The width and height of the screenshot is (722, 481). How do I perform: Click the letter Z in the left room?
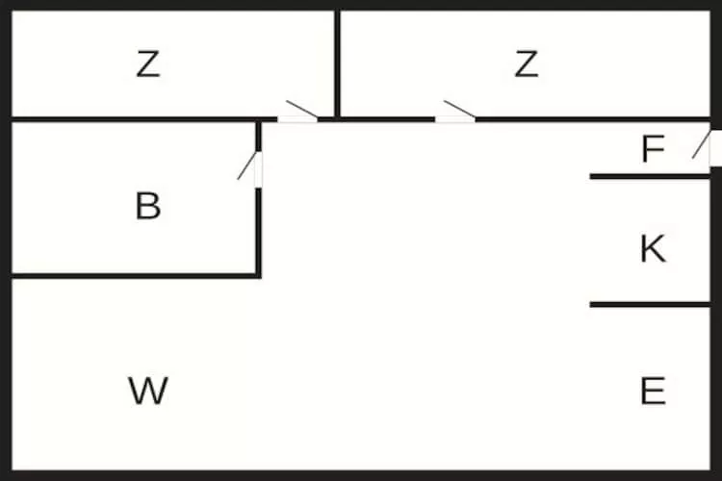click(148, 64)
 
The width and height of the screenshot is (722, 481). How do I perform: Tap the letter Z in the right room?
click(526, 64)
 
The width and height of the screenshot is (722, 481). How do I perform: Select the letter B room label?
click(148, 206)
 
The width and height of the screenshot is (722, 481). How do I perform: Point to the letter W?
click(148, 391)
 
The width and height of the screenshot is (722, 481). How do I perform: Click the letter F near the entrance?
click(653, 149)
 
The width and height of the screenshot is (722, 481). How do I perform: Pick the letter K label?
click(653, 249)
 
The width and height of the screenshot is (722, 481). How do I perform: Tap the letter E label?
click(653, 391)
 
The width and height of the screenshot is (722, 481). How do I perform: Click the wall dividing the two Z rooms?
click(337, 64)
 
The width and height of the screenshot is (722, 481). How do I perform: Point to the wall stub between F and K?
click(650, 177)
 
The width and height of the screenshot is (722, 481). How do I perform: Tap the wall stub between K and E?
click(650, 305)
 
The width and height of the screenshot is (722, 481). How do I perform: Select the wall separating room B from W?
click(134, 276)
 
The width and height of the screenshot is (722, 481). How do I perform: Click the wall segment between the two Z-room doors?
click(376, 119)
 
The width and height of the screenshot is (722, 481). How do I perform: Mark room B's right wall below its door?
click(258, 233)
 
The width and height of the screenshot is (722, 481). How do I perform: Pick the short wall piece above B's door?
click(258, 137)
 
